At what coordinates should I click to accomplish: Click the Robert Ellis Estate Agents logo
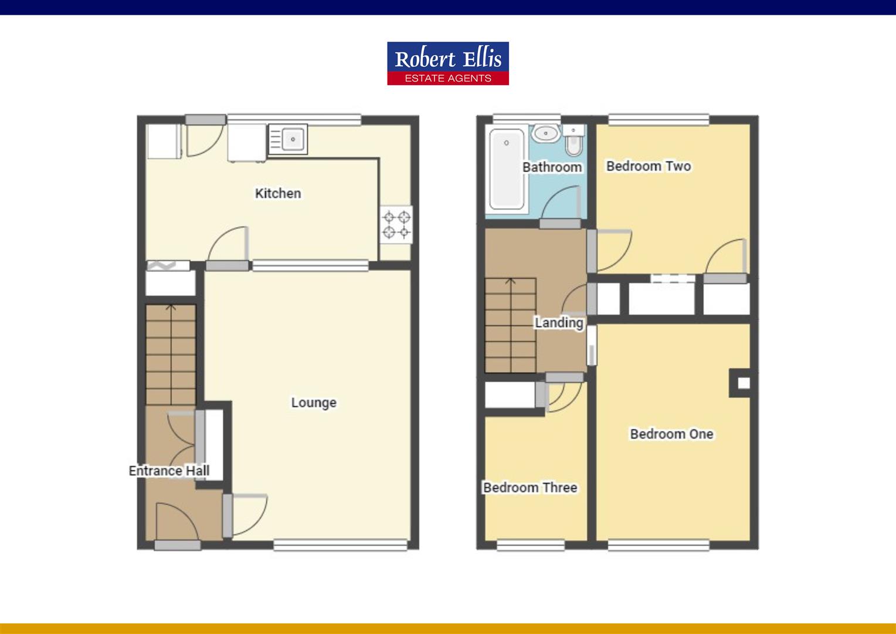click(x=448, y=63)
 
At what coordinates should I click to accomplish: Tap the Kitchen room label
click(x=278, y=193)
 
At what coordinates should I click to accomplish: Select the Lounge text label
click(x=314, y=403)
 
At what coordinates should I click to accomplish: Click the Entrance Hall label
click(x=169, y=471)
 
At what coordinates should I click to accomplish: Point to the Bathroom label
click(x=552, y=167)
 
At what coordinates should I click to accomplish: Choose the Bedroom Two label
click(x=649, y=166)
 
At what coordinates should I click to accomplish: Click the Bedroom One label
click(x=671, y=434)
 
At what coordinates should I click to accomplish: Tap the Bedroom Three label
click(x=530, y=487)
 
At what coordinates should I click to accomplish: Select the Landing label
click(x=558, y=322)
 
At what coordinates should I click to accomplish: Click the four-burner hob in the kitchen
click(x=396, y=225)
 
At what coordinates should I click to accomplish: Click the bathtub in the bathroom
click(x=507, y=169)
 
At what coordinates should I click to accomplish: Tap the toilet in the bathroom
click(x=573, y=140)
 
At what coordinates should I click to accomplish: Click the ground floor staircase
click(x=171, y=355)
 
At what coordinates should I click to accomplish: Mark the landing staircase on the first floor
click(x=510, y=325)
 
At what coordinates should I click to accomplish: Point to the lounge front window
click(x=341, y=545)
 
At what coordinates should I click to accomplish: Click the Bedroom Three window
click(x=531, y=545)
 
